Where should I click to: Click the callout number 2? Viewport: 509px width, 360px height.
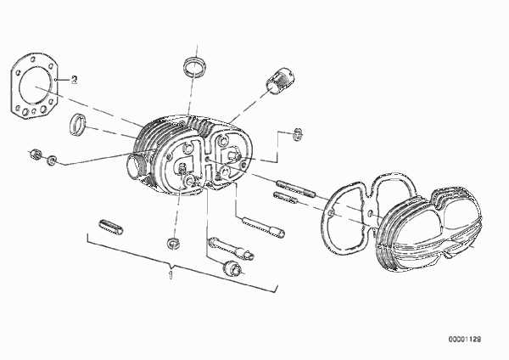pos(75,80)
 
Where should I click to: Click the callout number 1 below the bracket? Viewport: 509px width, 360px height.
pos(171,275)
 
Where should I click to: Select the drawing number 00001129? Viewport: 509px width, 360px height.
pos(465,340)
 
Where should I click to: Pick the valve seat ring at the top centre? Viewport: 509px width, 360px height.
pos(194,66)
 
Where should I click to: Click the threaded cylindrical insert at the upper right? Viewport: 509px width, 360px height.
pos(281,82)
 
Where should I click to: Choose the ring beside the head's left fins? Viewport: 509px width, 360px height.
pos(78,125)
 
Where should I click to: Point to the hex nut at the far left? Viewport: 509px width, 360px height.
pos(35,154)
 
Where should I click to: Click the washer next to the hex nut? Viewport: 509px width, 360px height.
pos(51,160)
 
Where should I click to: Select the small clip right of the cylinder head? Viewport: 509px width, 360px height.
pos(298,134)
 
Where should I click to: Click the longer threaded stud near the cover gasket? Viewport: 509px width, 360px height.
pos(296,188)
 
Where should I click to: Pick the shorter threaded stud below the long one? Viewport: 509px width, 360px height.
pos(285,198)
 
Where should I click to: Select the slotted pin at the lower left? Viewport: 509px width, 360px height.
pos(110,227)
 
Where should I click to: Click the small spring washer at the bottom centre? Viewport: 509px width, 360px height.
pos(173,244)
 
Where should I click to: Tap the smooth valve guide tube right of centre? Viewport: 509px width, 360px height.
pos(264,226)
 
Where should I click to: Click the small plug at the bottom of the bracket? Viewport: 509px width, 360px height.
pos(232,267)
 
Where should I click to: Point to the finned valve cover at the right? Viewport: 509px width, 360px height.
pos(428,229)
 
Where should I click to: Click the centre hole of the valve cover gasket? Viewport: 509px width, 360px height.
pos(371,214)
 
